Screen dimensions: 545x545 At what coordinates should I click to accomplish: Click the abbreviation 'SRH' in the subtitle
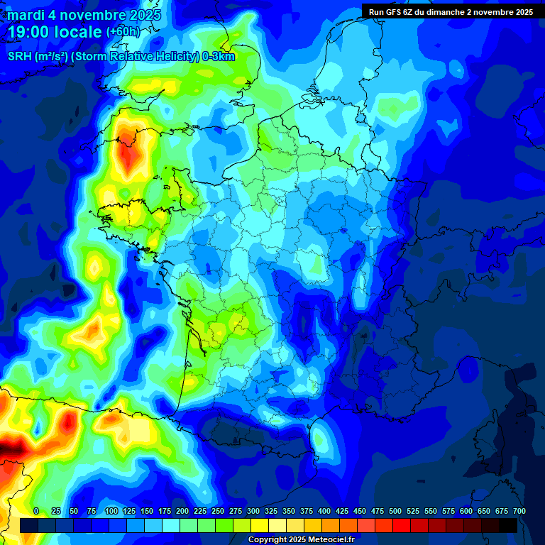pos(19,57)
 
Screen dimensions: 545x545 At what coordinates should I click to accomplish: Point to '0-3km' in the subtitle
pos(219,57)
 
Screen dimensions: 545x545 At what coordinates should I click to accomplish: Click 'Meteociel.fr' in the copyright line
pos(330,540)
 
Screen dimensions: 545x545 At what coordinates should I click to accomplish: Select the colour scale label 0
pos(36,511)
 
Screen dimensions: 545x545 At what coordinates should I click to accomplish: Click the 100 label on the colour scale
pos(111,511)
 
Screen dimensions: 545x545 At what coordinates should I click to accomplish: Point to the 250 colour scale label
pos(218,511)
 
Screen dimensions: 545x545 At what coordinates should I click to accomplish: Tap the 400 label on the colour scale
pos(324,511)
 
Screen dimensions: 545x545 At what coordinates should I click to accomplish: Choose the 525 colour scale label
pos(413,511)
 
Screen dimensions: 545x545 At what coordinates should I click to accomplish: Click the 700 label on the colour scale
pos(519,511)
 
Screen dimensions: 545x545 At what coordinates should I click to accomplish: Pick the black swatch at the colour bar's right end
pos(508,525)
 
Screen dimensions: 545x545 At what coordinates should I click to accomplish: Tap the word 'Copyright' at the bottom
pos(268,540)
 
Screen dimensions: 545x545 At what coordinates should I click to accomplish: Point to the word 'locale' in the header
pos(79,32)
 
